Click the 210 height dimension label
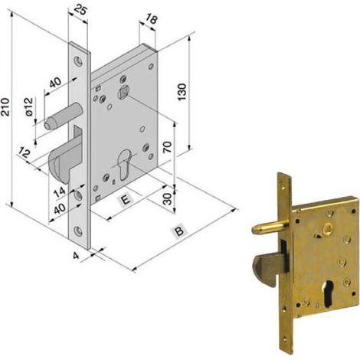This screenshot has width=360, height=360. click(x=6, y=107)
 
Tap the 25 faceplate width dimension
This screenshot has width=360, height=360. click(x=80, y=11)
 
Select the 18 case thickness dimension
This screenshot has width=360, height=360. click(x=152, y=19)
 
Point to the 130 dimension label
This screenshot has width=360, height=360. click(x=182, y=92)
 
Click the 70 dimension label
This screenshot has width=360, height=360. click(x=168, y=147)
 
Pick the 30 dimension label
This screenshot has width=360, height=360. click(x=168, y=199)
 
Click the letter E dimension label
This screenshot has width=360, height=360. click(x=126, y=200)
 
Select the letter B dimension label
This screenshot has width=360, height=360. click(x=179, y=231)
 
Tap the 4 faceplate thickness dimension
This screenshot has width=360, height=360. click(x=76, y=255)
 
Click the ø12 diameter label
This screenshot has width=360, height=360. click(x=29, y=106)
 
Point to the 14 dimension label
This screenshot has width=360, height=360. click(x=60, y=191)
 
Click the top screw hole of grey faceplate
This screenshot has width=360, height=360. click(x=78, y=61)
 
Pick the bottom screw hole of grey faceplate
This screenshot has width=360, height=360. click(x=78, y=231)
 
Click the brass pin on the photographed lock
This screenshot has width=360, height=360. click(x=270, y=227)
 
